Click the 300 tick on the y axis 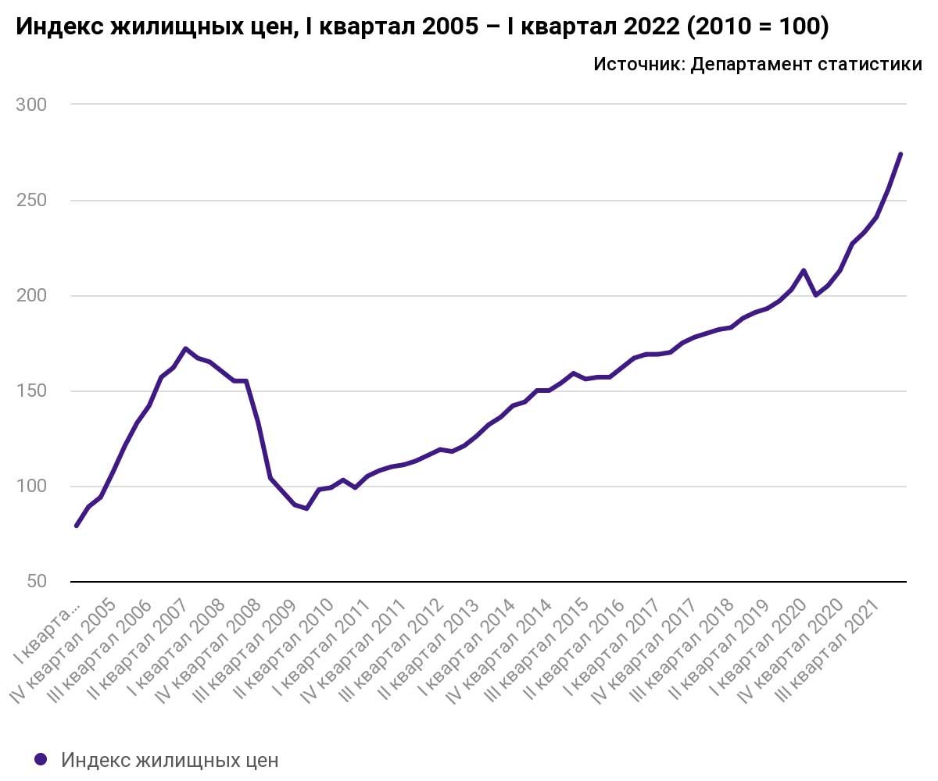click(31, 105)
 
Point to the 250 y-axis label click(31, 201)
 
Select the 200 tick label click(31, 296)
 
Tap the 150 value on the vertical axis click(31, 391)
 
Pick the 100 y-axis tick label click(31, 487)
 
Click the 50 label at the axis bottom click(36, 582)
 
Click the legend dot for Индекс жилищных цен click(41, 759)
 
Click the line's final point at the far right click(900, 154)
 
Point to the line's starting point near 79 click(77, 526)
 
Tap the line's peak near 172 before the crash click(185, 348)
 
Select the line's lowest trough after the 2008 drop click(307, 508)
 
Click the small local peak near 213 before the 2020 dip click(804, 270)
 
